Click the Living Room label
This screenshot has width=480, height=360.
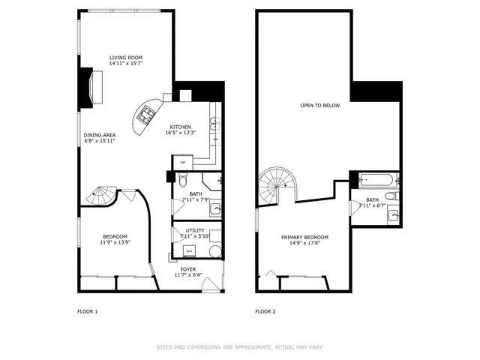126,58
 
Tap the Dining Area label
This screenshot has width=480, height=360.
99,135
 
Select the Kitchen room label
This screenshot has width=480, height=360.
180,127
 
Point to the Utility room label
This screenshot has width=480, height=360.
190,230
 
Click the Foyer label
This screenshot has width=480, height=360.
188,268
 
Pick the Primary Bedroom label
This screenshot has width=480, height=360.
304,237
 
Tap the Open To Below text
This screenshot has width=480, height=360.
320,105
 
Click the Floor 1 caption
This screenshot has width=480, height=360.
88,310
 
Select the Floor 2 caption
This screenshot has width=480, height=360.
265,310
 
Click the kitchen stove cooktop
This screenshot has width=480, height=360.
145,114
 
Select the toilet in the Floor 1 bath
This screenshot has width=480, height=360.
182,179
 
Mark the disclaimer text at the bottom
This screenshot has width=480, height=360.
240,346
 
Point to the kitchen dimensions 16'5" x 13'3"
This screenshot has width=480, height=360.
180,133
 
